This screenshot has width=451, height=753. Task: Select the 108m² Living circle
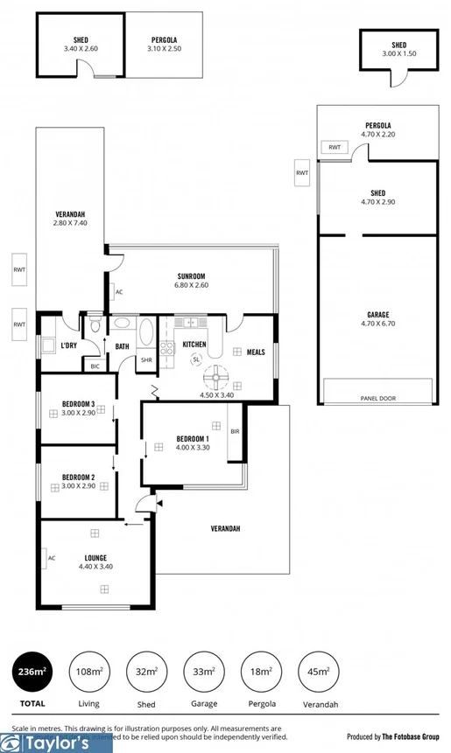click(88, 671)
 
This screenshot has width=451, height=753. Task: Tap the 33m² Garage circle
click(203, 671)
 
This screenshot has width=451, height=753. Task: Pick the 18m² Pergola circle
click(262, 671)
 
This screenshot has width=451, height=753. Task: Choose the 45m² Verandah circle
click(320, 671)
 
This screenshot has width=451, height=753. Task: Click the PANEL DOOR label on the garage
click(377, 398)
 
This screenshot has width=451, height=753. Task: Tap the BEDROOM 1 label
click(192, 438)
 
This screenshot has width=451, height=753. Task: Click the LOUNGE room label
click(95, 556)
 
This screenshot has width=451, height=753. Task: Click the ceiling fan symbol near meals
click(216, 378)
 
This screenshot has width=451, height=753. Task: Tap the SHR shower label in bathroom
click(146, 359)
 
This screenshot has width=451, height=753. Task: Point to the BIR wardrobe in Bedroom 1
click(235, 431)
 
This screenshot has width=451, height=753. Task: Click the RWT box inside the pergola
click(335, 147)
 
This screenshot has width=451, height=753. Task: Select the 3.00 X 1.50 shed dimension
click(398, 53)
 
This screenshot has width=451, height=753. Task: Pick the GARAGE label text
click(377, 315)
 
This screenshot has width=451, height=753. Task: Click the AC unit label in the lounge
click(52, 557)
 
